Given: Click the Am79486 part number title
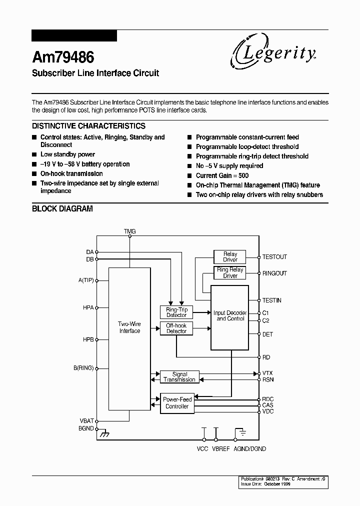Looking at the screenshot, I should click(63, 57).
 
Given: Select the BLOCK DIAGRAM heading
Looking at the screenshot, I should click(62, 208).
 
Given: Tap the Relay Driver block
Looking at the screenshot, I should click(230, 257).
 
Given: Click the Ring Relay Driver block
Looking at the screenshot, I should click(230, 273).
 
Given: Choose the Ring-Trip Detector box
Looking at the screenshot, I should click(176, 312).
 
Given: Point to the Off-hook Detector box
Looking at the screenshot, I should click(176, 328).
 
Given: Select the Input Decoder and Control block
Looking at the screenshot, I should click(229, 317).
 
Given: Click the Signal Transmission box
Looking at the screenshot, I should click(179, 377).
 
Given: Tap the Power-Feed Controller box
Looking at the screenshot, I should click(176, 403).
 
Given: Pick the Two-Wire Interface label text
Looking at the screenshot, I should click(129, 327).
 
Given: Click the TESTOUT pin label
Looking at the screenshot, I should click(274, 257).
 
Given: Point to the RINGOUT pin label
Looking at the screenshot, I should click(274, 273).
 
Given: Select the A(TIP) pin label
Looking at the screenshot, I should click(86, 280).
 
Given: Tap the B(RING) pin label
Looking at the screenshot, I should click(83, 368).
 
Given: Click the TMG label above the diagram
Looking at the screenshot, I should click(129, 231).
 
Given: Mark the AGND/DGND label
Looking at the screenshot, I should click(250, 449).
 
